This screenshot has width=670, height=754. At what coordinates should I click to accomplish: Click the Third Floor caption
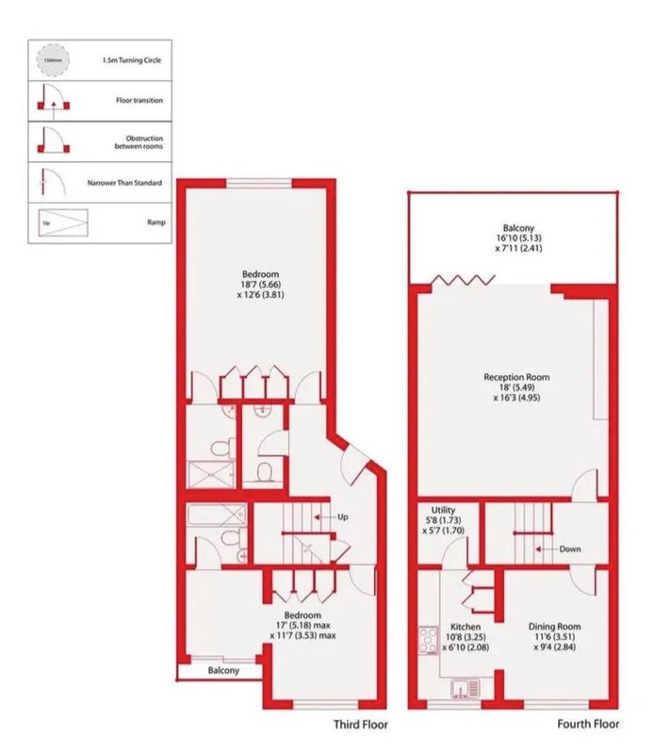click(x=361, y=724)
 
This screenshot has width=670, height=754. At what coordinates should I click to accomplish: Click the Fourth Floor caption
click(x=588, y=724)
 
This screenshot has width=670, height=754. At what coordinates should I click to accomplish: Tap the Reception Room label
click(x=516, y=378)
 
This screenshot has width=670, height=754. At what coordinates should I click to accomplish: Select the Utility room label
click(x=443, y=510)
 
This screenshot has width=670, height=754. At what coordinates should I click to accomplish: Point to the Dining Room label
click(x=555, y=626)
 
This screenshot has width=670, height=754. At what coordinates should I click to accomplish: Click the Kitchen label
click(x=466, y=627)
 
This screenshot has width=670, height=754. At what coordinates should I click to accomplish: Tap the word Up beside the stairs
click(x=343, y=516)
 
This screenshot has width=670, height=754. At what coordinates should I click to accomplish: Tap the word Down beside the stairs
click(x=570, y=549)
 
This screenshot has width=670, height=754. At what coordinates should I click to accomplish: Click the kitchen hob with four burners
click(x=428, y=640)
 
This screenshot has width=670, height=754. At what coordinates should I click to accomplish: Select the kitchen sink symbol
click(x=466, y=688)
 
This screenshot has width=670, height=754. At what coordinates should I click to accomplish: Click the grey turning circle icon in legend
click(x=53, y=60)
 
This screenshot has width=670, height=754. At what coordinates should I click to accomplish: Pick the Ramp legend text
click(x=156, y=222)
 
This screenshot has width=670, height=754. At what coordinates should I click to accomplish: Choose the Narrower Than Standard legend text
click(x=124, y=183)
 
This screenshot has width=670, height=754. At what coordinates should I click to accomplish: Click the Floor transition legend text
click(x=139, y=101)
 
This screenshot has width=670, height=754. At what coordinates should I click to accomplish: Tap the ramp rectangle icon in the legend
click(x=63, y=222)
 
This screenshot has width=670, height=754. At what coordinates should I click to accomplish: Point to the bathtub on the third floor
click(x=217, y=515)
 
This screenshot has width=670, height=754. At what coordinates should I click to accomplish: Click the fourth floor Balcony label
click(x=518, y=228)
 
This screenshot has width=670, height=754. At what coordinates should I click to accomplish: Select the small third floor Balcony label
click(x=223, y=670)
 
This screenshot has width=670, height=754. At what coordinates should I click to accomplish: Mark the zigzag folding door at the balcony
click(x=463, y=280)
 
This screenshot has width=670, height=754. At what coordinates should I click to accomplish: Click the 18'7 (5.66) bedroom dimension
click(x=260, y=285)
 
